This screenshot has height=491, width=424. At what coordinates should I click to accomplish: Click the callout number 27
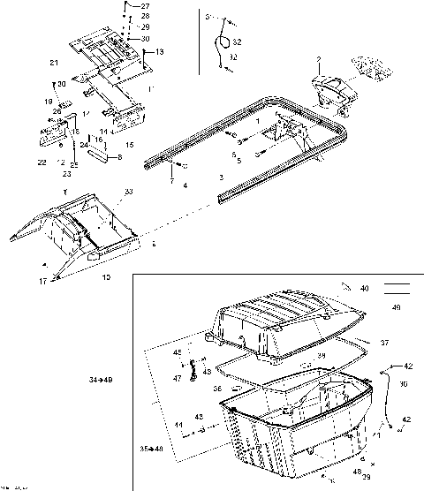pos(145,7)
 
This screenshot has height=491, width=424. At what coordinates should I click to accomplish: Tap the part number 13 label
pos(160,53)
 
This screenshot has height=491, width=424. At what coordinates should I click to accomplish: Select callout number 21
pos(54,62)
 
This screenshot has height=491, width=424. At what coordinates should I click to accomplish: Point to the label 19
pos(50,102)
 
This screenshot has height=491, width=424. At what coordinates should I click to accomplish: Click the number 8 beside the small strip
pos(120,156)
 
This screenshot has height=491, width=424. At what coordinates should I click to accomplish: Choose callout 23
pos(66,173)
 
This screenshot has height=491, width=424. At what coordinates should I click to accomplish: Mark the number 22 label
pos(42,162)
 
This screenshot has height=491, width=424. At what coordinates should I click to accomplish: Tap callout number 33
pos(129,192)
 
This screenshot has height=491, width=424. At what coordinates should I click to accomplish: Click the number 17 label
pos(43,281)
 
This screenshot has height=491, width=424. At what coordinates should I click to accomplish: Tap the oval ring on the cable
pos(227,42)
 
